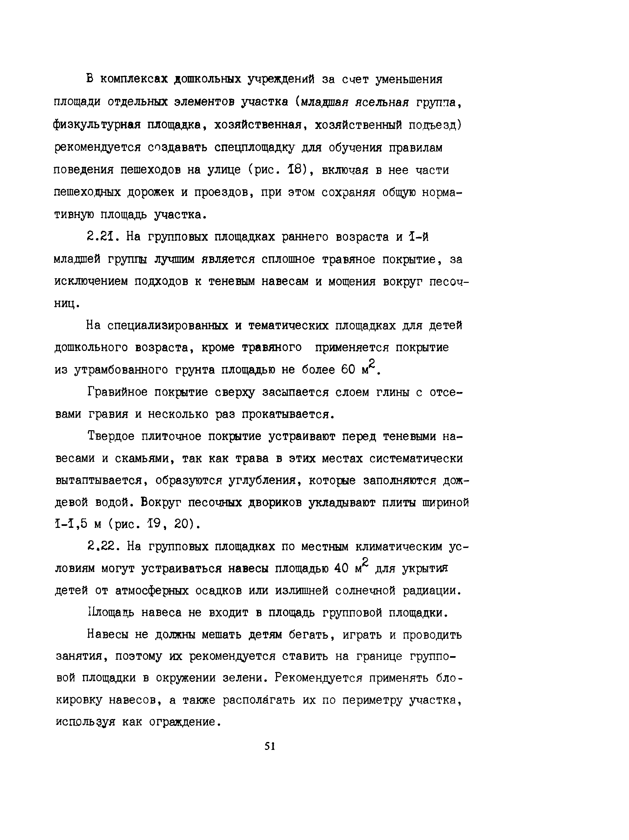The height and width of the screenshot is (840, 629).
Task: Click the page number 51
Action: (269, 746)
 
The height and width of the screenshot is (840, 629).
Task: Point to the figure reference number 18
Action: (297, 170)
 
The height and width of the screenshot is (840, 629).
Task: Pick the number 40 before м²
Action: (341, 568)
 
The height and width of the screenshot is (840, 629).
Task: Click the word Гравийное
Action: (117, 392)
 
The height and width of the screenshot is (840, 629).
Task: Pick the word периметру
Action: (372, 700)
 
